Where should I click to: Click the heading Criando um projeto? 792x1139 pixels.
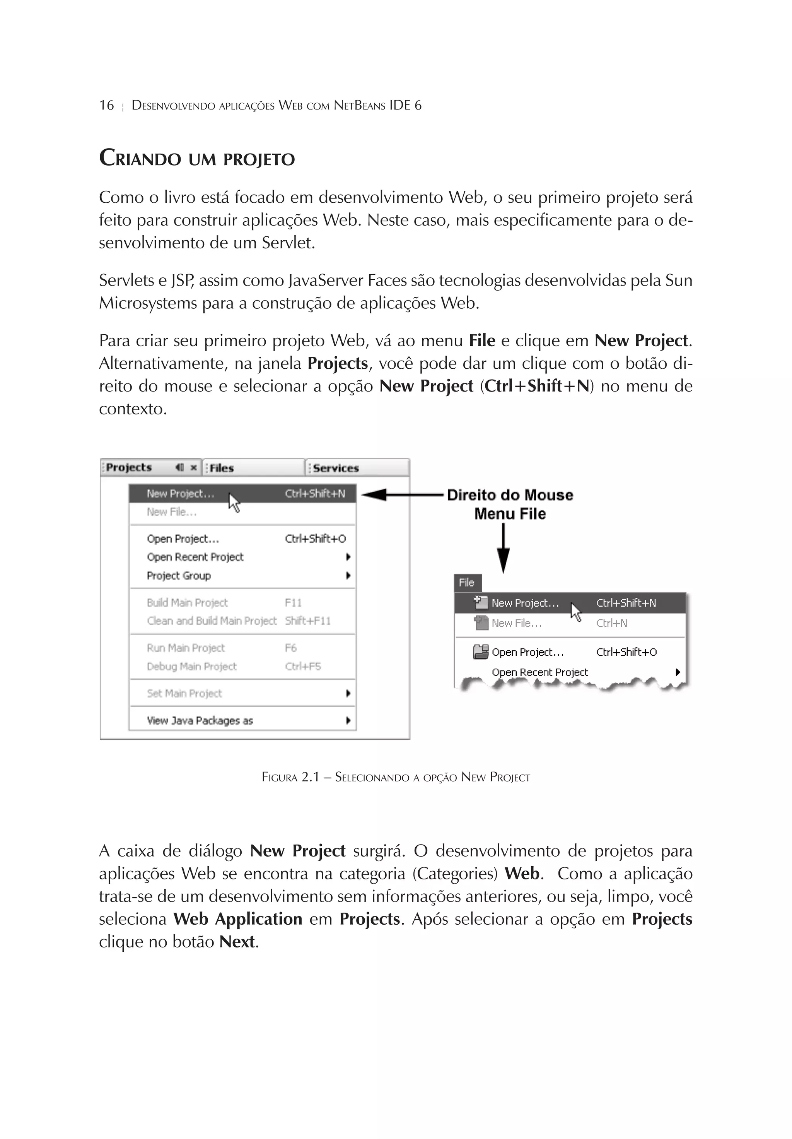(196, 159)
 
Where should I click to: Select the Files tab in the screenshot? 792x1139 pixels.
(221, 468)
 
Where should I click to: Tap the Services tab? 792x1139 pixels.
(336, 468)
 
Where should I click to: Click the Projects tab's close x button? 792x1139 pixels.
(194, 467)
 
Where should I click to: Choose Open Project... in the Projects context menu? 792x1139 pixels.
(183, 539)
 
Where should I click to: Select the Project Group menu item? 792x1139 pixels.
(179, 575)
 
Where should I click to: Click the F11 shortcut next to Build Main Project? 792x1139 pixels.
(293, 602)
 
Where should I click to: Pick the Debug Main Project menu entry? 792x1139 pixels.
(191, 666)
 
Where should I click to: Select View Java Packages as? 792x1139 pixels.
(200, 720)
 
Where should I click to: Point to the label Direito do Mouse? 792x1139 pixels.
(510, 495)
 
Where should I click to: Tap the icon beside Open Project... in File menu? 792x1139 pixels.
(480, 652)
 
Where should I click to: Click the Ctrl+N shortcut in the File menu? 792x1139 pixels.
(611, 623)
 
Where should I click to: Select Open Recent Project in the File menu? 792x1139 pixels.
(539, 672)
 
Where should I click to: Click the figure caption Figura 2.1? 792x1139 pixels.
(395, 777)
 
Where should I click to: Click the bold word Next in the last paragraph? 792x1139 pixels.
(237, 942)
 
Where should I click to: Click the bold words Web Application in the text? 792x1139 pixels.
(237, 919)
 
